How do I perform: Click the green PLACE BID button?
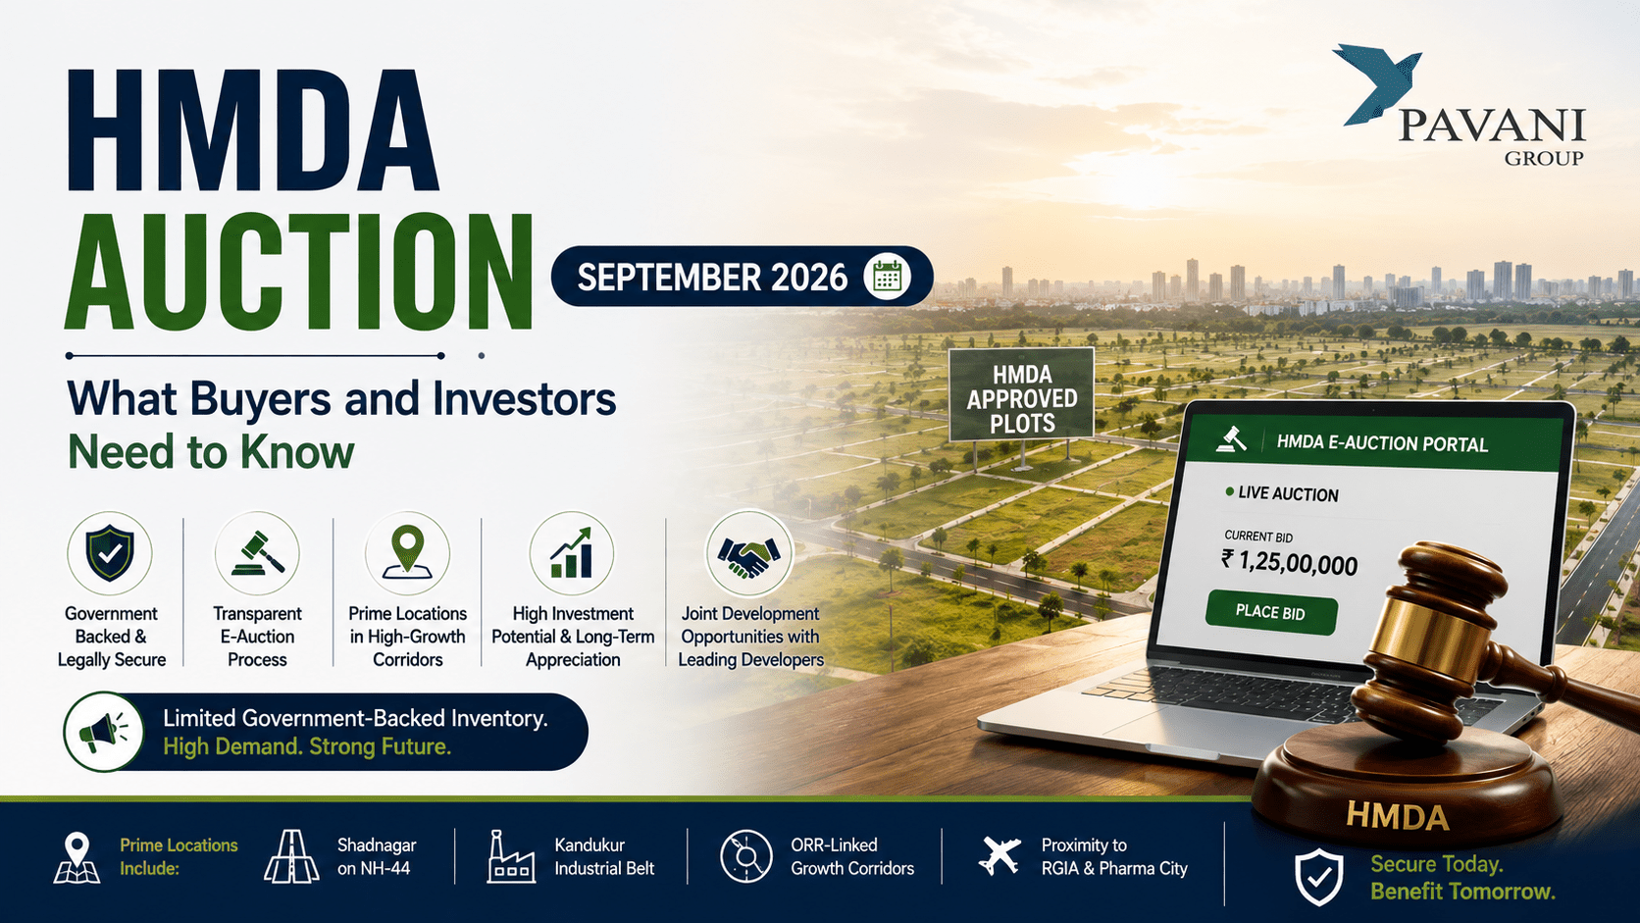pyautogui.click(x=1271, y=612)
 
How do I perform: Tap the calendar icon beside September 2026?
pyautogui.click(x=888, y=277)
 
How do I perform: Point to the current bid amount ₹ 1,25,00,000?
pyautogui.click(x=1289, y=562)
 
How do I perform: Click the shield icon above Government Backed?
pyautogui.click(x=110, y=552)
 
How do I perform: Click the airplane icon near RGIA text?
pyautogui.click(x=1000, y=856)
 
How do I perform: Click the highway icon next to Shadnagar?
pyautogui.click(x=291, y=856)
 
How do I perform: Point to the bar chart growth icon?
pyautogui.click(x=572, y=553)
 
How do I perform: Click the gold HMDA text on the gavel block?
pyautogui.click(x=1397, y=816)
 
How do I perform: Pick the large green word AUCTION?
pyautogui.click(x=299, y=273)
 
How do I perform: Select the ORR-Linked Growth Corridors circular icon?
pyautogui.click(x=746, y=856)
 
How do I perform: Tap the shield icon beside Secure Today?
pyautogui.click(x=1318, y=878)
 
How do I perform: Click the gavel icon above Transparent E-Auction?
pyautogui.click(x=257, y=553)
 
